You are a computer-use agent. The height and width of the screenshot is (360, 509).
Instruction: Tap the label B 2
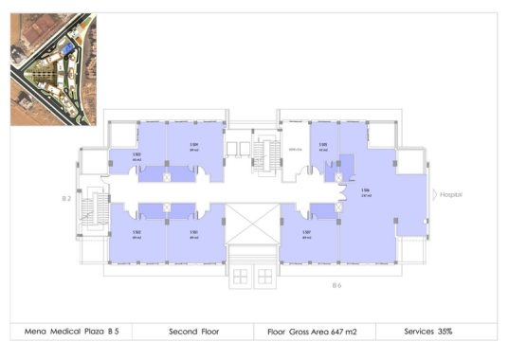coord(66,199)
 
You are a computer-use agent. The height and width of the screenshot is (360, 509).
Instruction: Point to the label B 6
coord(336,285)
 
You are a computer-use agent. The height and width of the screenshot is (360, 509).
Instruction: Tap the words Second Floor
coord(194,331)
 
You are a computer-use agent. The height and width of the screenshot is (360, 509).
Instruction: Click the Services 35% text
coord(431,331)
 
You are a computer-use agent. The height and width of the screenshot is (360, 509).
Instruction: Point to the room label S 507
coord(307,233)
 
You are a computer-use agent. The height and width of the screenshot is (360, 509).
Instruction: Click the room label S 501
coord(193,233)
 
